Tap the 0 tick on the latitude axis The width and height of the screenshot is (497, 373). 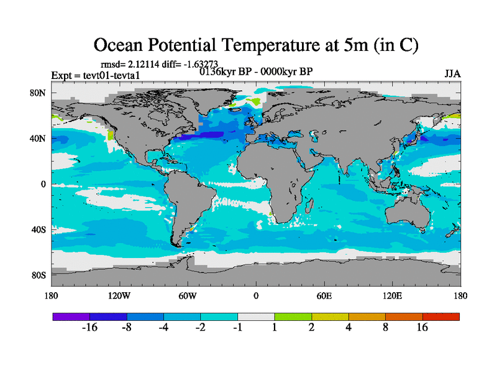pos(43,184)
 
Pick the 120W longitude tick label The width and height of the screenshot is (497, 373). pos(119,295)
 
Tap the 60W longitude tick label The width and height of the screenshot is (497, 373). pos(187,295)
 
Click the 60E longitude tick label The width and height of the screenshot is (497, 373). pos(324,295)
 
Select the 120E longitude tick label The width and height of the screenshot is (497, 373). pos(392,295)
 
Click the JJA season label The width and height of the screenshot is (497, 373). pos(452,74)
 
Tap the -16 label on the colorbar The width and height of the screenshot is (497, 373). pos(90,328)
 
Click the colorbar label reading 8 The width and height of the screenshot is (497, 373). pos(385,328)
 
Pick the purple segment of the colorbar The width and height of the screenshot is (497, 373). pos(71,316)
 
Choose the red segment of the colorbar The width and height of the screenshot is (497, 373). pos(441,316)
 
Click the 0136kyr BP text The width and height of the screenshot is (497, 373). pos(222,71)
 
